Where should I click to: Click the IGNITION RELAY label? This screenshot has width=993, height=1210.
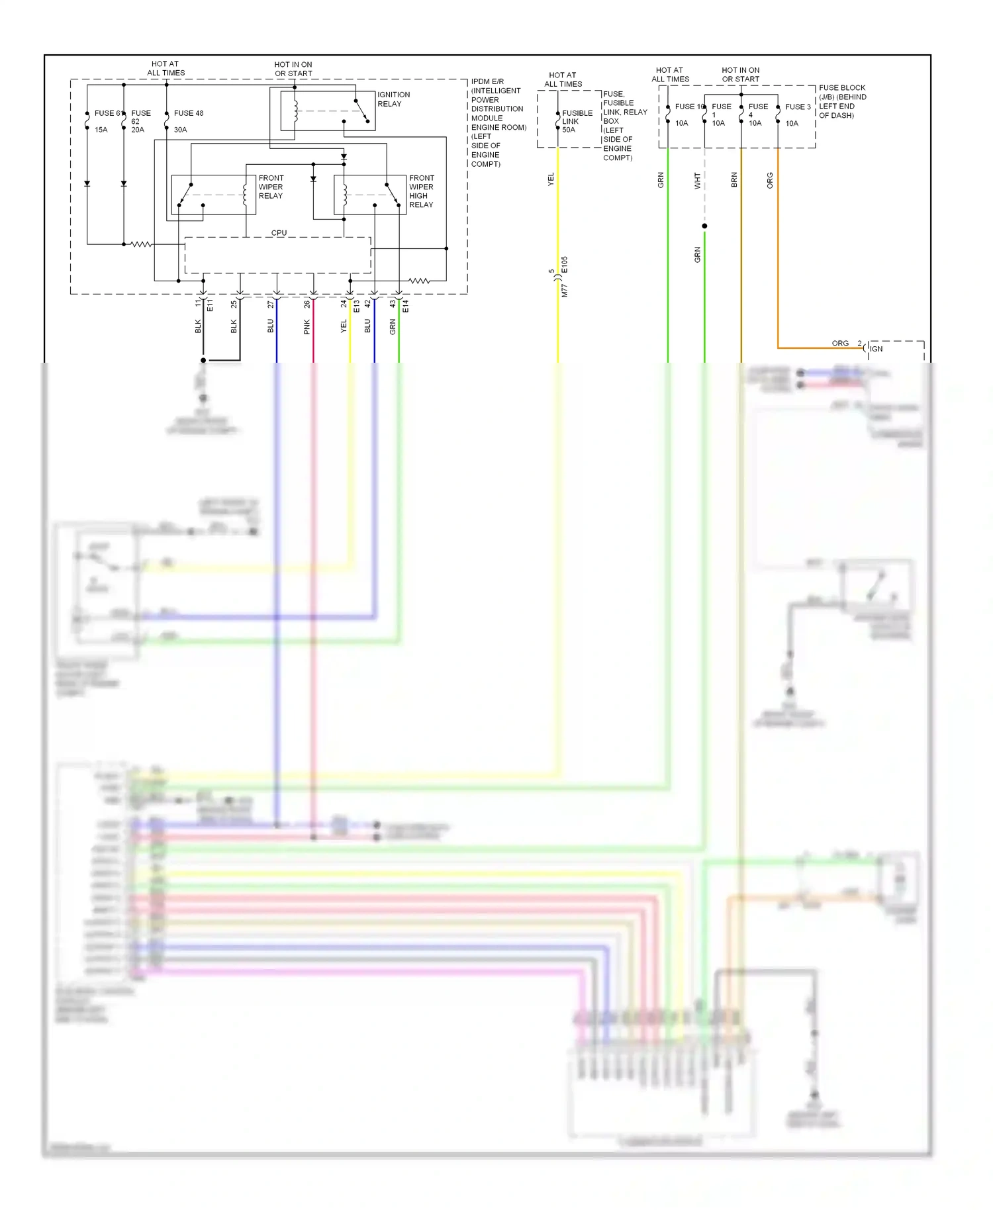pyautogui.click(x=393, y=99)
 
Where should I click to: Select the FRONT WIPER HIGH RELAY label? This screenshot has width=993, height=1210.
pyautogui.click(x=421, y=191)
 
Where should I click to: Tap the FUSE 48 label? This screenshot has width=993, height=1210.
pyautogui.click(x=188, y=113)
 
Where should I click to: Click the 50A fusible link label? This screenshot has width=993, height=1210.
pyautogui.click(x=568, y=130)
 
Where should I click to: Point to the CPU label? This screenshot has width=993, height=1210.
pyautogui.click(x=279, y=233)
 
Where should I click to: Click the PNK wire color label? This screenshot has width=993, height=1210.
pyautogui.click(x=307, y=326)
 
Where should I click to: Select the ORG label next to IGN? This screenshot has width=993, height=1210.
pyautogui.click(x=839, y=344)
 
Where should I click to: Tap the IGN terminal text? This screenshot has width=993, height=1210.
pyautogui.click(x=876, y=349)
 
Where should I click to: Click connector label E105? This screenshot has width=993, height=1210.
pyautogui.click(x=564, y=265)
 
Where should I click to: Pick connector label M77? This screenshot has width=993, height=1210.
pyautogui.click(x=564, y=290)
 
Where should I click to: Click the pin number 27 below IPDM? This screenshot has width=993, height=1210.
pyautogui.click(x=270, y=304)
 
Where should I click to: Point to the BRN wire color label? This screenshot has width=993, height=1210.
pyautogui.click(x=733, y=180)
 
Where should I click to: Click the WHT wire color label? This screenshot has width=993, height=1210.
pyautogui.click(x=697, y=181)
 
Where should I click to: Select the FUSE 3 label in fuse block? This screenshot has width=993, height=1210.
pyautogui.click(x=798, y=107)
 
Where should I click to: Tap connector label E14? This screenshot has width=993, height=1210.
pyautogui.click(x=405, y=306)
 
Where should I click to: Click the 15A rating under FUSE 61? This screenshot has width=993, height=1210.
pyautogui.click(x=101, y=130)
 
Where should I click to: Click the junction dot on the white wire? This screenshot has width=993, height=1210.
pyautogui.click(x=704, y=226)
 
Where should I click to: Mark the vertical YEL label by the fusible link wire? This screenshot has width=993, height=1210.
pyautogui.click(x=551, y=179)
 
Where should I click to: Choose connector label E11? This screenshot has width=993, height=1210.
pyautogui.click(x=210, y=305)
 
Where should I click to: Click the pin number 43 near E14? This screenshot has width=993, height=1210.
pyautogui.click(x=393, y=304)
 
